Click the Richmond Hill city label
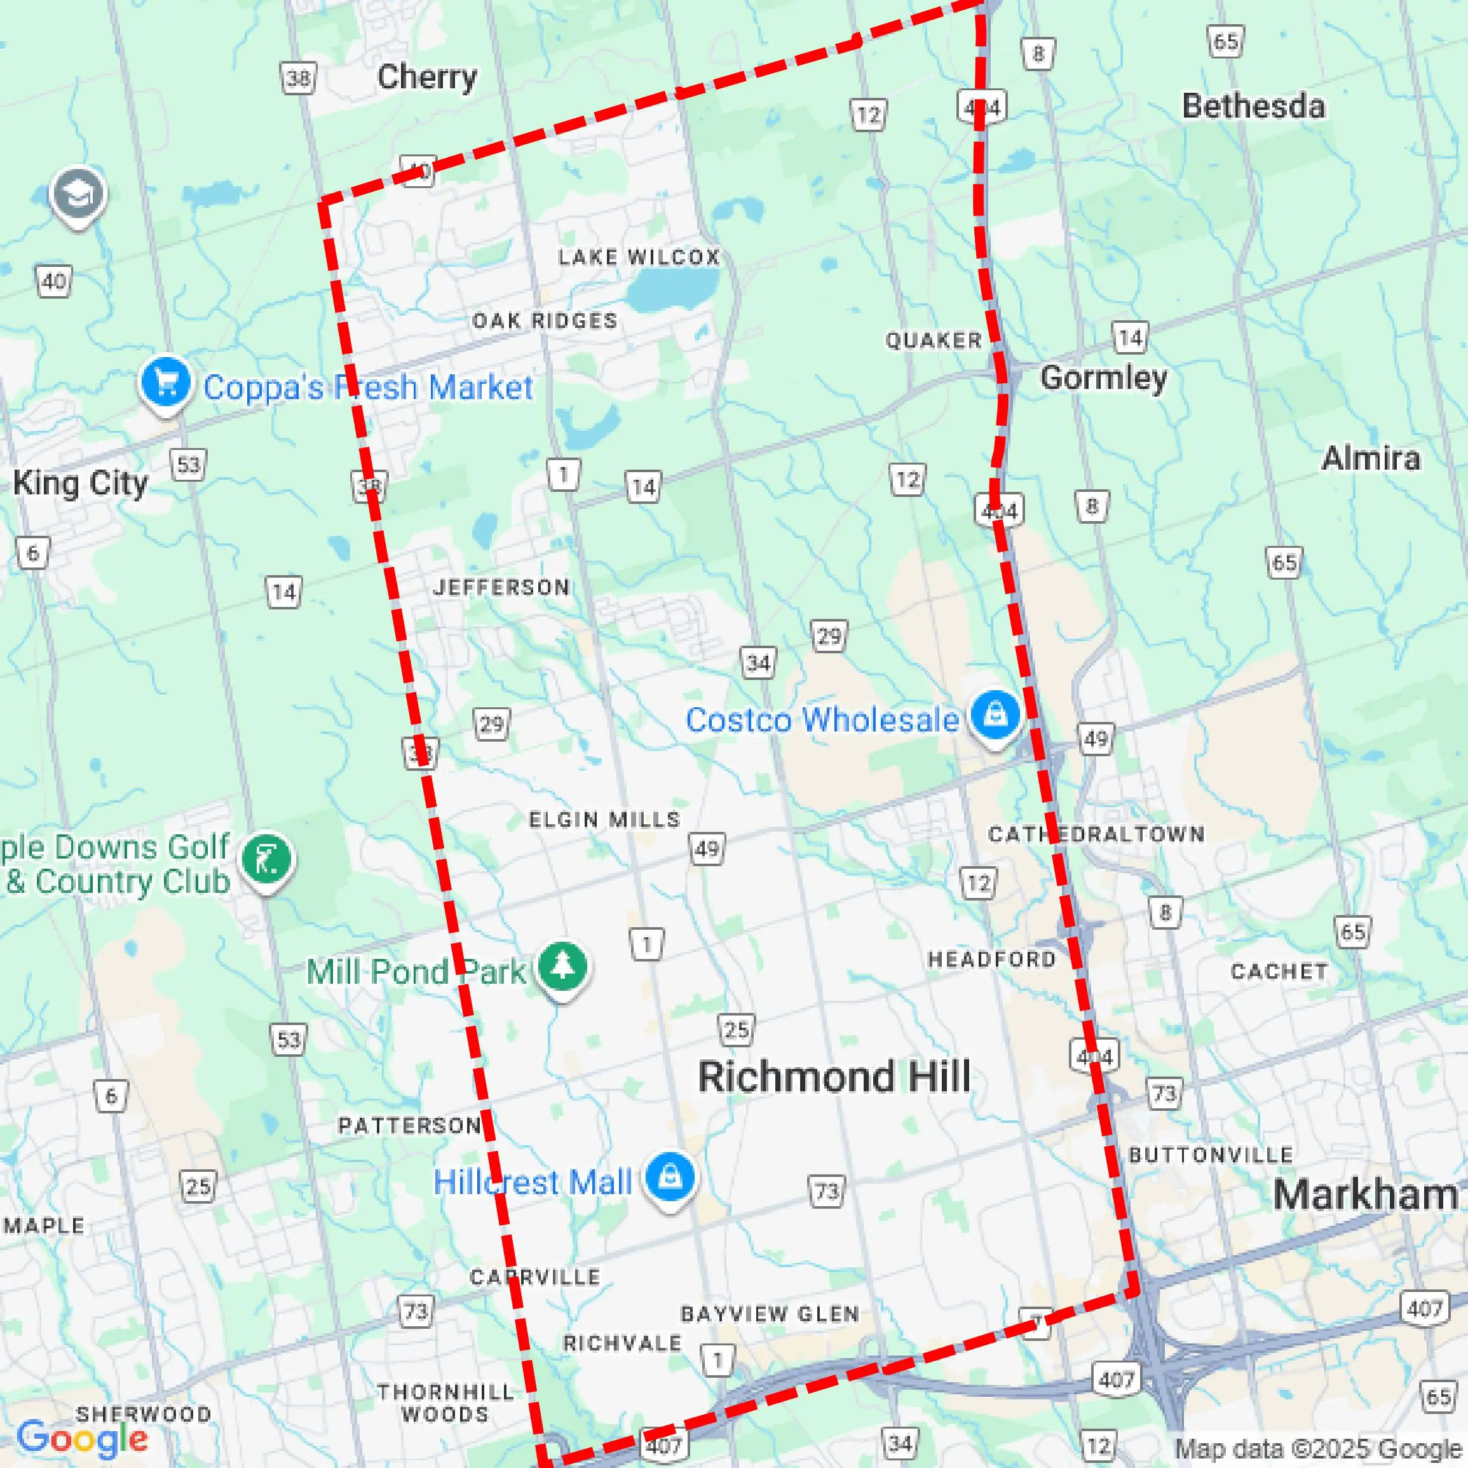click(x=834, y=1077)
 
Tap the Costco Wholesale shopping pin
click(x=995, y=714)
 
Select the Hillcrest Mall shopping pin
click(x=669, y=1177)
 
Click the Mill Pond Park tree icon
click(x=562, y=967)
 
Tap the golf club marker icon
click(x=266, y=859)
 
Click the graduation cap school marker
click(x=78, y=194)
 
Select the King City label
click(x=81, y=483)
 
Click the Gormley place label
click(x=1103, y=377)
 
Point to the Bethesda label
click(x=1254, y=106)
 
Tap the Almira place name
click(x=1371, y=458)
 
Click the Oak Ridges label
click(x=545, y=321)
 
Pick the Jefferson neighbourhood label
click(x=501, y=587)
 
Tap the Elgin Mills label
click(x=604, y=819)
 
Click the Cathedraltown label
click(x=1096, y=834)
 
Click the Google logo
click(x=82, y=1437)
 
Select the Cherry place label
click(x=427, y=77)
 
